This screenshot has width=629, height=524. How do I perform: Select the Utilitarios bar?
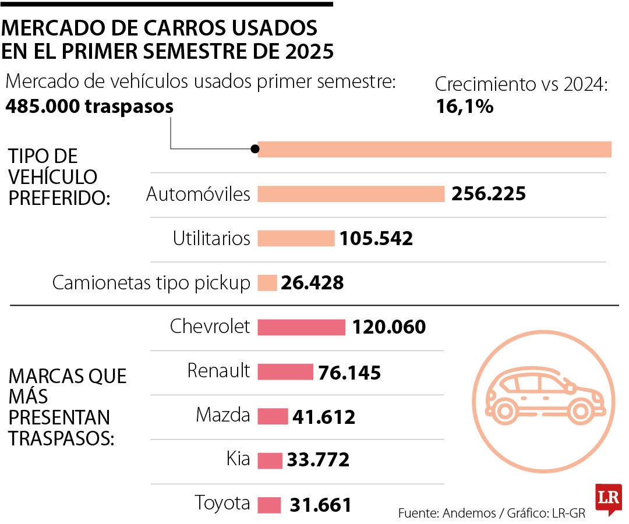click(296, 238)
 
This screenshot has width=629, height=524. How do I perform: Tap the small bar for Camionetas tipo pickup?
click(267, 282)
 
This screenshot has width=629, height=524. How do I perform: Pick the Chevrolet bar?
click(301, 327)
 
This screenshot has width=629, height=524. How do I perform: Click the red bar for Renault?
click(285, 372)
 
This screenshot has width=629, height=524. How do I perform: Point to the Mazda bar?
click(272, 416)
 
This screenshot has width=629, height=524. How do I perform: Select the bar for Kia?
click(270, 460)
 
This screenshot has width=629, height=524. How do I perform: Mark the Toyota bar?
click(269, 504)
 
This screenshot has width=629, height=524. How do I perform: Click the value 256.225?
click(488, 194)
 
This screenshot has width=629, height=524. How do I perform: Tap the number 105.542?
click(376, 238)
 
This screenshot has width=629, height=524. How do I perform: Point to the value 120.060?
click(388, 327)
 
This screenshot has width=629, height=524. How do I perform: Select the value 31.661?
click(320, 505)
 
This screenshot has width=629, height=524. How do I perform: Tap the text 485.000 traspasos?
click(89, 107)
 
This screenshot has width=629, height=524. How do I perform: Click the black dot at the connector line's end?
click(255, 149)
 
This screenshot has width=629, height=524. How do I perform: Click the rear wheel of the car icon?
click(505, 412)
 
